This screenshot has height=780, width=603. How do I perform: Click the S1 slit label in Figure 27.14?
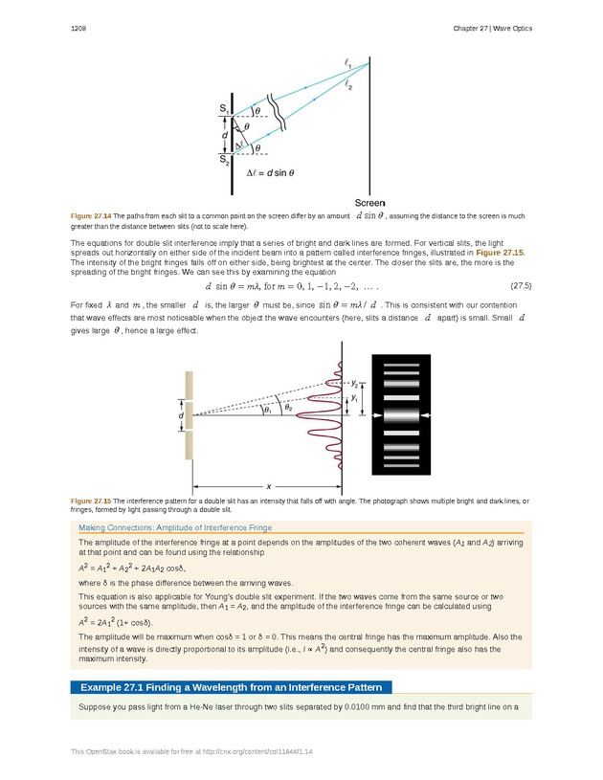[224, 109]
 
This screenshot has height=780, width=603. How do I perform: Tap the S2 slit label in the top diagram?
[223, 161]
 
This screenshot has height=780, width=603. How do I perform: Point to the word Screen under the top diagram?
[369, 203]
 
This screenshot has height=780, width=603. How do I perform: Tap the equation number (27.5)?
[521, 285]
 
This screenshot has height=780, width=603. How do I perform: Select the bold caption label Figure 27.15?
[91, 501]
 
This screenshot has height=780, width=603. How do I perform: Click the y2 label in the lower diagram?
[354, 382]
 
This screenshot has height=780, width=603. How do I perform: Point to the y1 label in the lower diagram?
[354, 397]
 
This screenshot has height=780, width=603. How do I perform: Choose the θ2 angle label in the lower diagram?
[288, 406]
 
